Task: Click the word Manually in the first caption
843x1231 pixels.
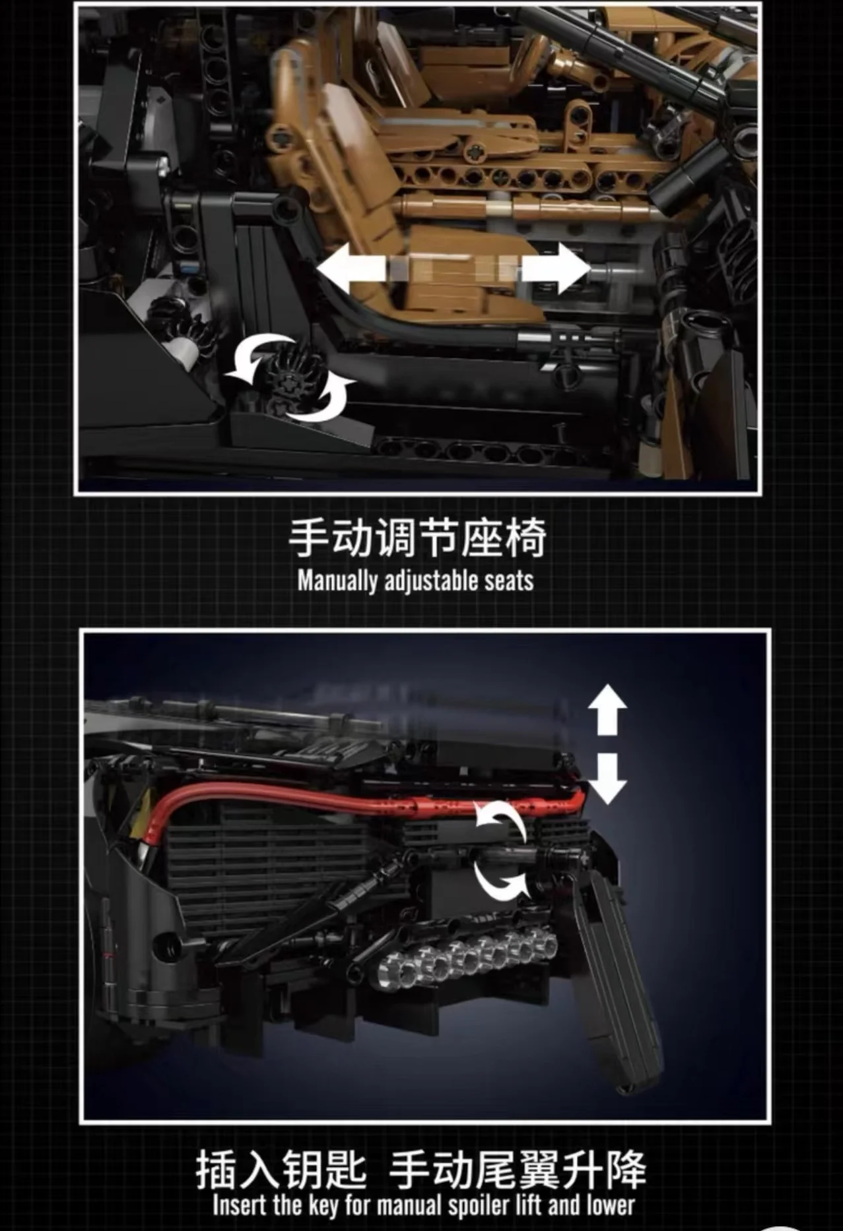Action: (x=337, y=581)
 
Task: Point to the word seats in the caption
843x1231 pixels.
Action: (x=509, y=581)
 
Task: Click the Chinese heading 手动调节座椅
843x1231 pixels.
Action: (x=418, y=538)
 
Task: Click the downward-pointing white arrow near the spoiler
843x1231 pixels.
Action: (x=607, y=778)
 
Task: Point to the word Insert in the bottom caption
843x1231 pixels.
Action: (x=239, y=1205)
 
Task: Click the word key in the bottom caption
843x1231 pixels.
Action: (x=323, y=1206)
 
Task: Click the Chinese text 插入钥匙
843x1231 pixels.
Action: (x=281, y=1169)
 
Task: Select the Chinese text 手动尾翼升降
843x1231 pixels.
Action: (x=518, y=1169)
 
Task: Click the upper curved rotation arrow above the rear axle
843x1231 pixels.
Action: (x=501, y=819)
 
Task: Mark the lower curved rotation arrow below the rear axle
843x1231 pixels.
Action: (x=501, y=881)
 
